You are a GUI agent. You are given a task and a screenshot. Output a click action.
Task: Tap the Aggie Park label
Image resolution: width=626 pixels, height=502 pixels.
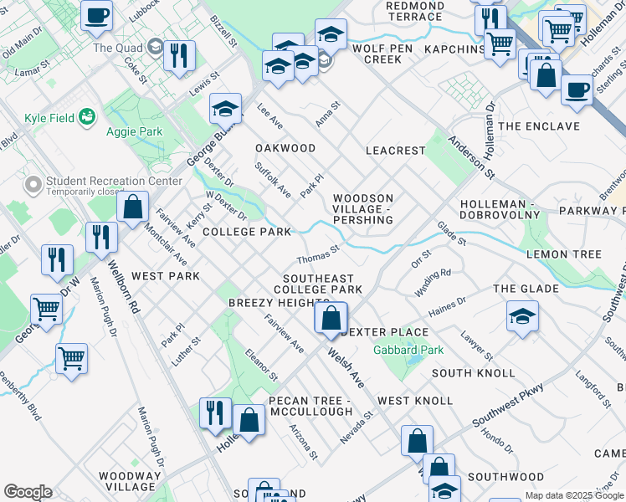tap(134, 131)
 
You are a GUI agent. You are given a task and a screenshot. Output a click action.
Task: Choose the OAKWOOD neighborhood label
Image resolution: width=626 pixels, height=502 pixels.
tap(285, 148)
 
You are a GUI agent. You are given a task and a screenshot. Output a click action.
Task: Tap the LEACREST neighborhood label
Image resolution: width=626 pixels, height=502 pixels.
tap(396, 151)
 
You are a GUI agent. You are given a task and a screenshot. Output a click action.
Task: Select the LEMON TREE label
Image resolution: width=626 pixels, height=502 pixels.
tap(563, 254)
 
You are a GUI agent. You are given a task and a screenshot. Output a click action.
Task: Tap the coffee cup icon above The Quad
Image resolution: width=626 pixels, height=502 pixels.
tap(97, 15)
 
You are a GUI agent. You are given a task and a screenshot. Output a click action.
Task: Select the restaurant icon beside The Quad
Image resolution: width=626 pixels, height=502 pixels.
tap(179, 55)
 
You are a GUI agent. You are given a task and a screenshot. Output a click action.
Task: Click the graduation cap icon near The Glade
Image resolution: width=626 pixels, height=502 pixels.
tap(522, 317)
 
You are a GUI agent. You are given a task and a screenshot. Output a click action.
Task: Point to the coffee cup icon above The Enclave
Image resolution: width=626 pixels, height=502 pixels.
tap(576, 90)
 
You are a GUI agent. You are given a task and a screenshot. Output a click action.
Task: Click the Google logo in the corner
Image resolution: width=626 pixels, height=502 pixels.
tap(27, 492)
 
